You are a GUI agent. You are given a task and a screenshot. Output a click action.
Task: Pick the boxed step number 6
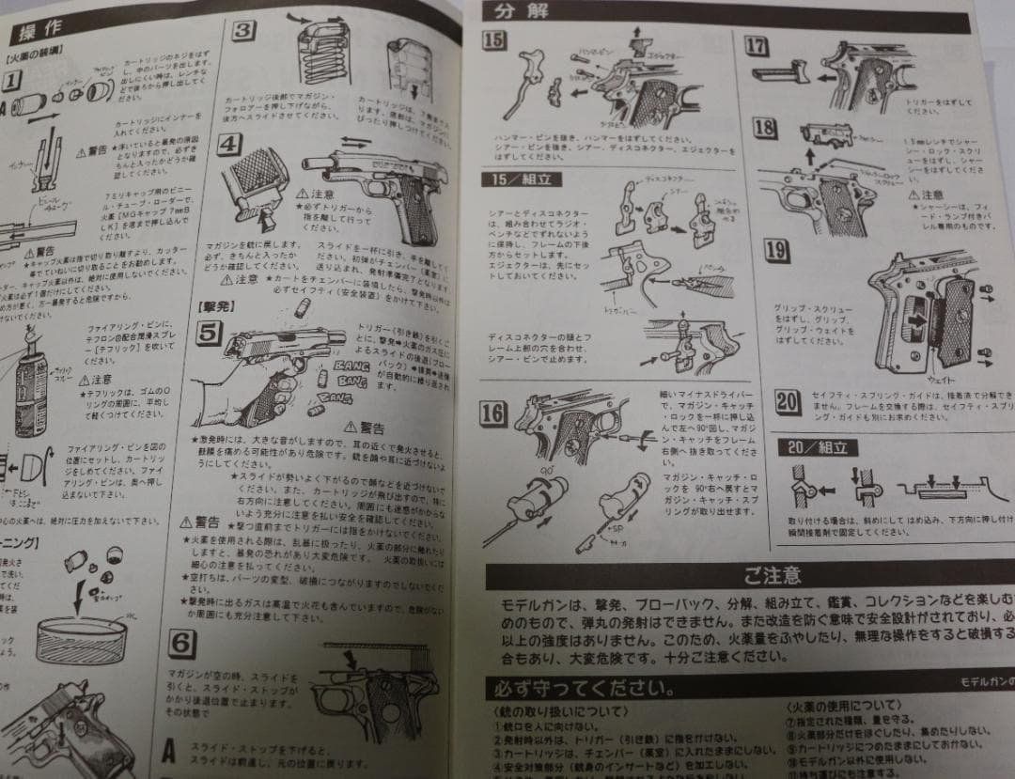(183, 643)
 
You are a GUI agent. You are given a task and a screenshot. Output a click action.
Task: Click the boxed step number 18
(764, 129)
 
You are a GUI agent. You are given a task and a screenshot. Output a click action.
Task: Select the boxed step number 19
(776, 250)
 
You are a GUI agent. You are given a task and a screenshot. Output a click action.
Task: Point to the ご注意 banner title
(772, 573)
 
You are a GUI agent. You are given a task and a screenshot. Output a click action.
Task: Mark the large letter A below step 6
(169, 750)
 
